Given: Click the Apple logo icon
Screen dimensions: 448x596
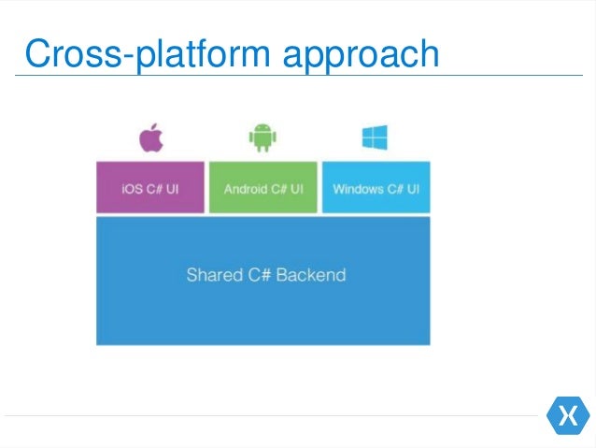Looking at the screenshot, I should [x=151, y=139].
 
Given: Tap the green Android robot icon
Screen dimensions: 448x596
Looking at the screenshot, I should [x=263, y=139].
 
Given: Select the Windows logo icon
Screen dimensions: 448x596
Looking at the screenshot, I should [x=375, y=138].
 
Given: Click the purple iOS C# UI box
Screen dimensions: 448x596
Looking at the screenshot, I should [x=150, y=187].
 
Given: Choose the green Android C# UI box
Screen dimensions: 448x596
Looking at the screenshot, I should [x=263, y=187].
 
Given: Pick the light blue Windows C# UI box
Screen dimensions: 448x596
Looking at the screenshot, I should [x=376, y=187].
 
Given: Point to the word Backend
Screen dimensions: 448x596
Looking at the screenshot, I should [x=310, y=275].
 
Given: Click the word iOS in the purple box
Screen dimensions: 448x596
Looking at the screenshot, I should [x=132, y=189].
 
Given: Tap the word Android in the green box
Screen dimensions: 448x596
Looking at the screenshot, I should [x=245, y=189].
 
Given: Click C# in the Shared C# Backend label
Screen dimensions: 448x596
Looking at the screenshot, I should [x=259, y=275].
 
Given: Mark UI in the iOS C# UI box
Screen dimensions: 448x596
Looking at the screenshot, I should [x=171, y=189].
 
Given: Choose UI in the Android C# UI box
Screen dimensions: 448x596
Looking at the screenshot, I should [x=296, y=189].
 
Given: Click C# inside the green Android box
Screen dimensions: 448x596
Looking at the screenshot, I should [x=278, y=189].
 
